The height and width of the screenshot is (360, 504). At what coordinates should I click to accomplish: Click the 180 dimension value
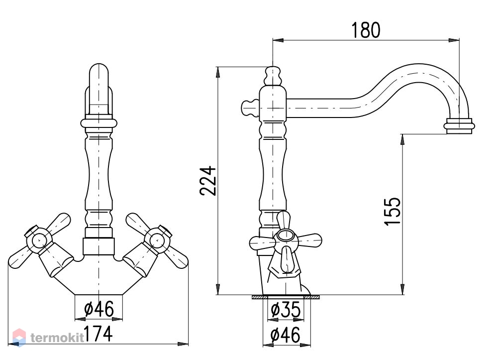click(366, 30)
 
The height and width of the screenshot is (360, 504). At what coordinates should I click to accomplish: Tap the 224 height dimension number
click(208, 180)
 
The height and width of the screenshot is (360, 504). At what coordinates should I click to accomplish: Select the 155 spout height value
click(393, 211)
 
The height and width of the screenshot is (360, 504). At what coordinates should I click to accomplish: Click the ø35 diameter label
click(286, 310)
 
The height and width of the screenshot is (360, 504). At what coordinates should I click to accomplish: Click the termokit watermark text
click(57, 338)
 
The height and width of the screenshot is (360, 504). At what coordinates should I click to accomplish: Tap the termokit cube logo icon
click(19, 338)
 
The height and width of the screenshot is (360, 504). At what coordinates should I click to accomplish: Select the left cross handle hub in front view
click(38, 240)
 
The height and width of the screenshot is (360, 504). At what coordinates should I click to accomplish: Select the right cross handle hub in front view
click(158, 240)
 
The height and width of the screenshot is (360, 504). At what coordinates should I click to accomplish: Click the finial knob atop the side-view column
click(273, 76)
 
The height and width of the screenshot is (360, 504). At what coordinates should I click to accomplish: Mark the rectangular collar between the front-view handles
click(99, 246)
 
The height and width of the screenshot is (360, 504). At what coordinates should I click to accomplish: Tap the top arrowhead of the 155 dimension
click(403, 139)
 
